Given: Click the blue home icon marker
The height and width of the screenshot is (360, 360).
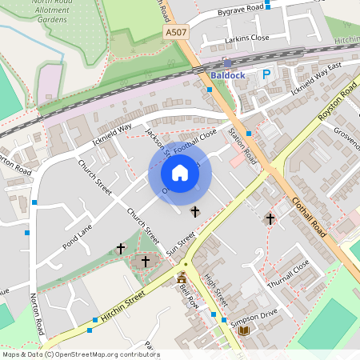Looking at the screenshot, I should pyautogui.click(x=179, y=173).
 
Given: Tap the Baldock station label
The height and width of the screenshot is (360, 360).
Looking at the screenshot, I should pyautogui.click(x=227, y=75).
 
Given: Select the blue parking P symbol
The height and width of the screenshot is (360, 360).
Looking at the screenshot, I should pyautogui.click(x=266, y=74).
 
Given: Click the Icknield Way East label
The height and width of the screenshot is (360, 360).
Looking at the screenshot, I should pyautogui.click(x=316, y=77).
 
